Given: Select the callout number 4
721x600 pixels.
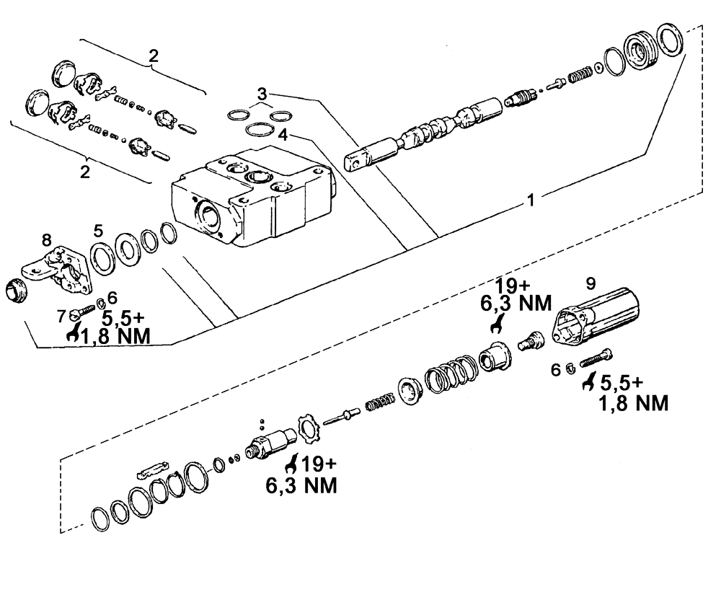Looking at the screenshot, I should pyautogui.click(x=283, y=134).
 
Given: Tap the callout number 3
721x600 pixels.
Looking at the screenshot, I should pyautogui.click(x=262, y=94).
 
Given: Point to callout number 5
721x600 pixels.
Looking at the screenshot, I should pyautogui.click(x=99, y=231).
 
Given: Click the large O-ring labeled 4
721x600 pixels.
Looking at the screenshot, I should pyautogui.click(x=258, y=131).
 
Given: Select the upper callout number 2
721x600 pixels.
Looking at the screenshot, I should pyautogui.click(x=153, y=56).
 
